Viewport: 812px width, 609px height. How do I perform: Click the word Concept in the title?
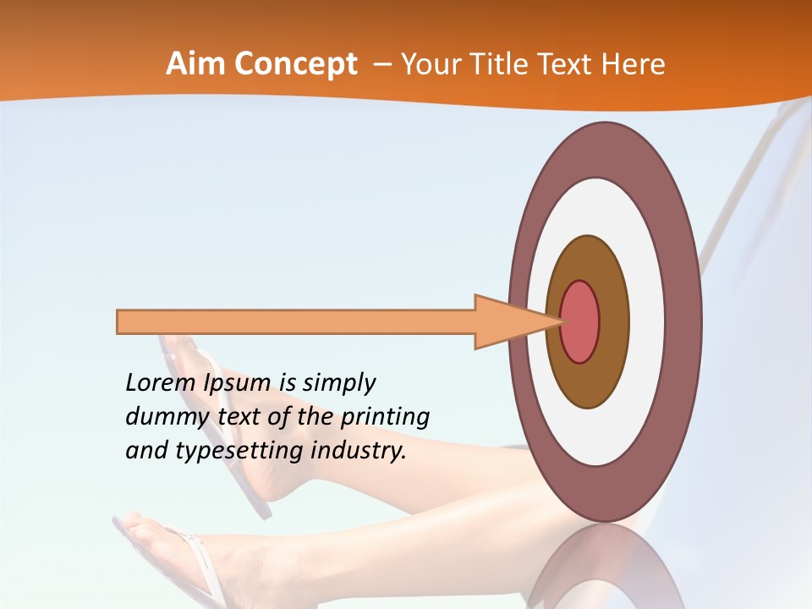coord(295,64)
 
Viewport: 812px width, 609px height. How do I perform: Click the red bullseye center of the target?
coord(580,321)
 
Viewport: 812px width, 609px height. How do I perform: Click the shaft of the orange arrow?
coord(296,322)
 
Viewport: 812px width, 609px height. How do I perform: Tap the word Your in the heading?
coord(428,64)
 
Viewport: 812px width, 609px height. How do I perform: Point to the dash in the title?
coord(381,64)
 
